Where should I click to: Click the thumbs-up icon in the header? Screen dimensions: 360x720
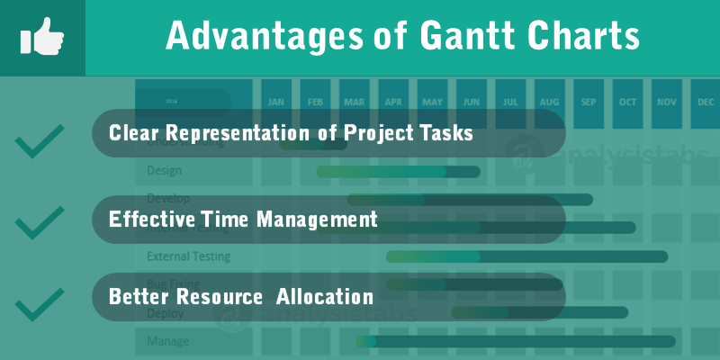coord(41,37)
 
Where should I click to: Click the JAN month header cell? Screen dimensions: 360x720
coord(276,102)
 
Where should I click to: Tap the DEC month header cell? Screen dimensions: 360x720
coord(706,102)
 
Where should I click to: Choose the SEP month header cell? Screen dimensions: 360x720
coord(589,102)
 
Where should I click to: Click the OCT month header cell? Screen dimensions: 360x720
coord(627,102)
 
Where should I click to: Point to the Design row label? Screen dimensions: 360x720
coord(164,170)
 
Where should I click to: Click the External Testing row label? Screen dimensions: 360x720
coord(188,256)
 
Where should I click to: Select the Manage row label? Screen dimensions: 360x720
coord(167,341)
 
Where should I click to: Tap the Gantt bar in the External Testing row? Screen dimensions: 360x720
coord(526,256)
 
